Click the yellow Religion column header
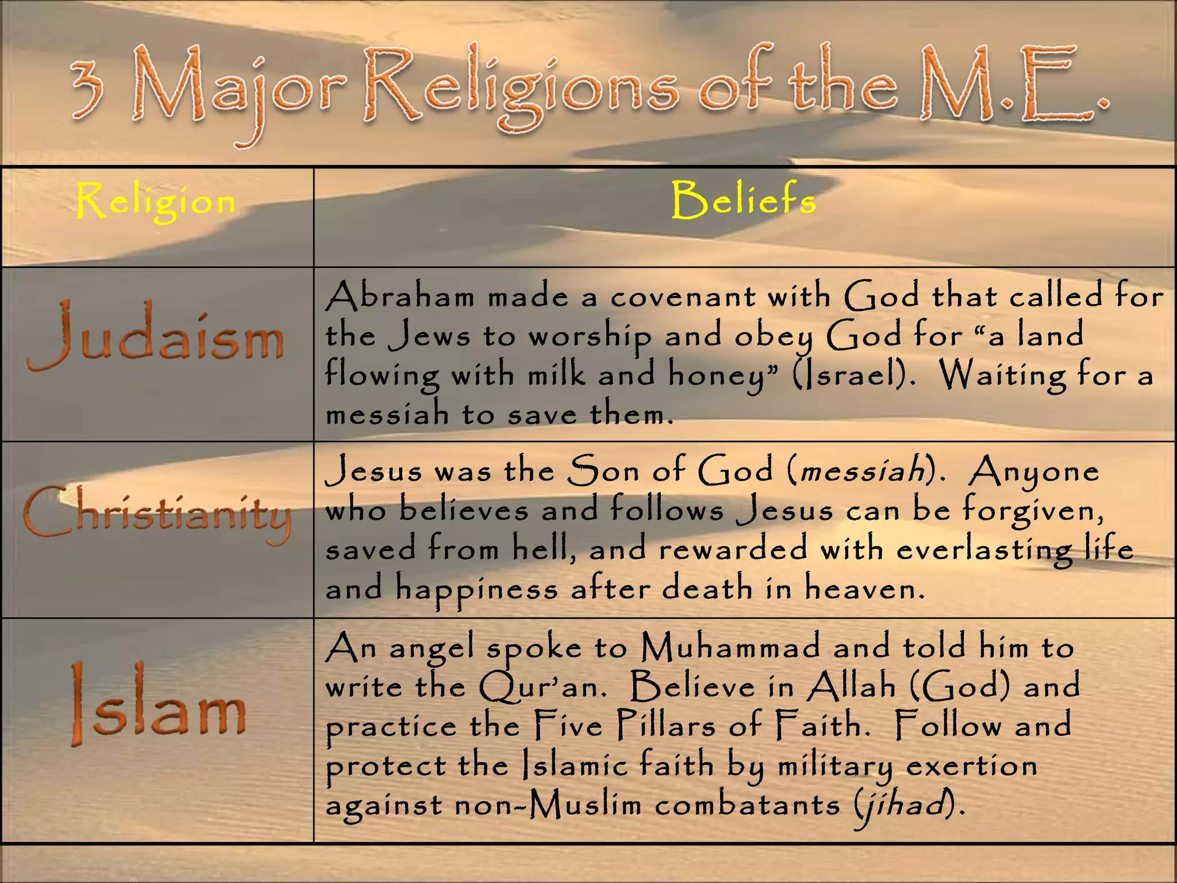pos(156,201)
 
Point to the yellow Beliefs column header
pos(744,199)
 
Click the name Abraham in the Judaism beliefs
pos(400,297)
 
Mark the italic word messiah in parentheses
pos(862,471)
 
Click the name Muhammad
pos(730,648)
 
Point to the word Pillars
pos(666,725)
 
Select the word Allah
pos(851,686)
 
